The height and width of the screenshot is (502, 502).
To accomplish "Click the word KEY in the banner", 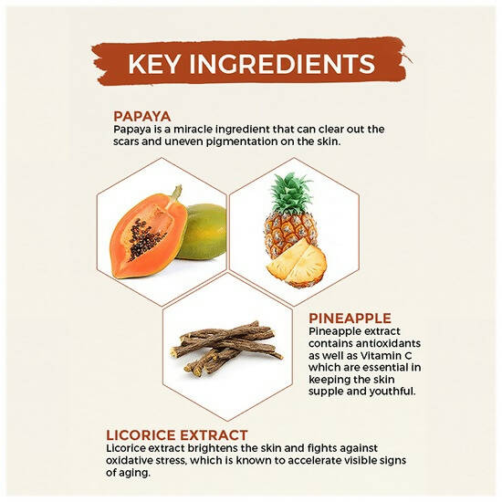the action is click(153, 64).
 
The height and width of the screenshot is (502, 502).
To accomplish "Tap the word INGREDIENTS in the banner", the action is click(282, 64).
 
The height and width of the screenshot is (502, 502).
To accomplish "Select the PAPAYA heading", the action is click(142, 117).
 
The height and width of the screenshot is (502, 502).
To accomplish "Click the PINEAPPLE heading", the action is click(350, 319).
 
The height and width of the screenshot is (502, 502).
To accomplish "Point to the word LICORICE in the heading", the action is click(141, 435).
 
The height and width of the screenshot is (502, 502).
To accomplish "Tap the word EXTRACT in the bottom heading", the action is click(214, 435).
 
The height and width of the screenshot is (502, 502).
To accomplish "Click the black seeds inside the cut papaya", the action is click(146, 239).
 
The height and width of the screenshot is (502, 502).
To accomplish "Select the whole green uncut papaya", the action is click(203, 231).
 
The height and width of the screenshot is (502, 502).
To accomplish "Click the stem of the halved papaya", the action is click(175, 194).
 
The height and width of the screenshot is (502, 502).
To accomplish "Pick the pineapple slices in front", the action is click(297, 263).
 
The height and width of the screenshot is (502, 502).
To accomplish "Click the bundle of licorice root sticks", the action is click(226, 349).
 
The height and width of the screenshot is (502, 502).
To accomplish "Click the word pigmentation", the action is click(242, 141).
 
